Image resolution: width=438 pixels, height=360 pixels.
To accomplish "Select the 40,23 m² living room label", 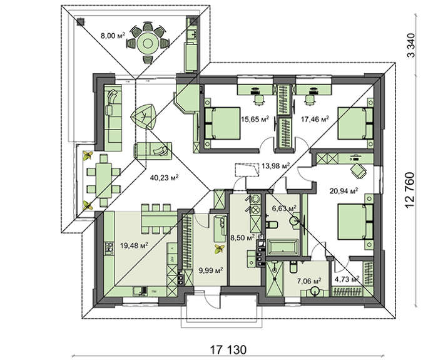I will coord(165,178).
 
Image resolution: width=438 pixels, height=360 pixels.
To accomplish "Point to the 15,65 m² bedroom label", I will coord(256,118).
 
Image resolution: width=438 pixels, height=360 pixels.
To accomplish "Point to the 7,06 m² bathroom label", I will coord(308,281).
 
